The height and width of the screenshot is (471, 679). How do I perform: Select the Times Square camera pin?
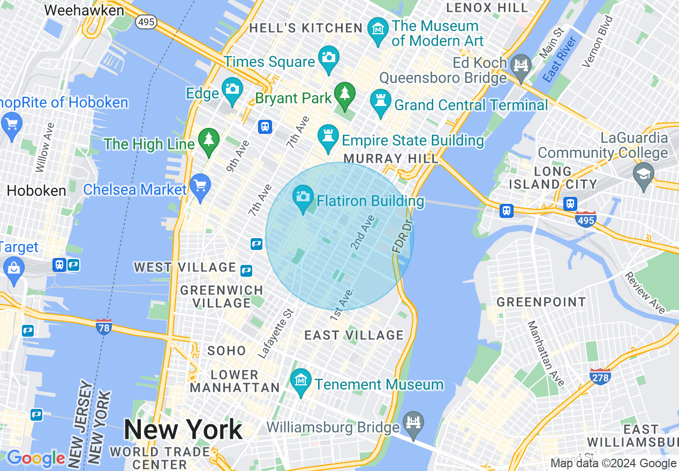pos(328,57)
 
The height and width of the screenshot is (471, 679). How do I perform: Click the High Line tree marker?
pos(209,140)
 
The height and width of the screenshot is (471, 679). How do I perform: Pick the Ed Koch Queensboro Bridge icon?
pos(520,65)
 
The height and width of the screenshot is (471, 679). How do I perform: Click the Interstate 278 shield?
pos(600,376)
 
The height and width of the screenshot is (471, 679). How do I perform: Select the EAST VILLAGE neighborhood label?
pos(353,335)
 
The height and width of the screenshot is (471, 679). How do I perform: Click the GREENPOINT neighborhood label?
pos(541,302)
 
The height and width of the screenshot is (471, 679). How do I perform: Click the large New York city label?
pos(183,429)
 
